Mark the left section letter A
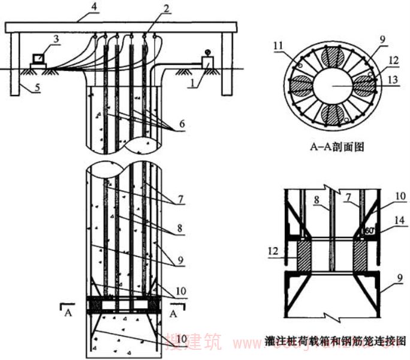point(69,313)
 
